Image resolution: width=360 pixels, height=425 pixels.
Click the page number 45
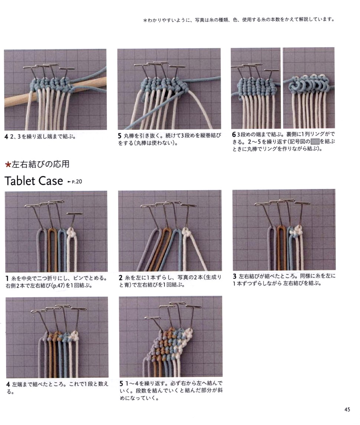[x=347, y=409]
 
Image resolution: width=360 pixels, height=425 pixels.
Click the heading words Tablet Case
[x=34, y=181]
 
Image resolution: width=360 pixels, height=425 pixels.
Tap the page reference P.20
[x=76, y=182]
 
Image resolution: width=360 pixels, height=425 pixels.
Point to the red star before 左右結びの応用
[x=8, y=164]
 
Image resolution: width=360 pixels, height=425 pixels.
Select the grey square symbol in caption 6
[x=315, y=141]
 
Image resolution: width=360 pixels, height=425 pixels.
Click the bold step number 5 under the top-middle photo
[x=120, y=135]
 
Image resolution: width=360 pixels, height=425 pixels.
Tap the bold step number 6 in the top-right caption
[x=234, y=134]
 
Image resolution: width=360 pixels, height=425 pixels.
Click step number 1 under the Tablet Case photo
[x=7, y=278]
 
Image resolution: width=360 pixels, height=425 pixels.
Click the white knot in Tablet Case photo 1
[x=71, y=233]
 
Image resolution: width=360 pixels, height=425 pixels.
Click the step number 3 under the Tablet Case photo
[x=235, y=276]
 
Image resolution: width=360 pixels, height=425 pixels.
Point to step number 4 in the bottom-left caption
[x=8, y=384]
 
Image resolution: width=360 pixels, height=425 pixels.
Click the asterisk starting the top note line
[x=145, y=20]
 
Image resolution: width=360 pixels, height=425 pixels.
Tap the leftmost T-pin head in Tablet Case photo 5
[x=153, y=318]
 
